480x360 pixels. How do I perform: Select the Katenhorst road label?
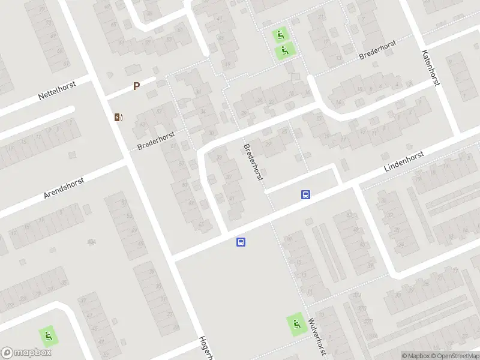431,67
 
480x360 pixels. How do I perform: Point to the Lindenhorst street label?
404,163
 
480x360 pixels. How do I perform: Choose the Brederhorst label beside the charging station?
156,142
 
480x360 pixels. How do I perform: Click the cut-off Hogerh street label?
206,347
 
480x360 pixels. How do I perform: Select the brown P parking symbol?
136,86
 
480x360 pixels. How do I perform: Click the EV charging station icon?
118,116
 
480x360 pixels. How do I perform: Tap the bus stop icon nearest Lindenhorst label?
305,194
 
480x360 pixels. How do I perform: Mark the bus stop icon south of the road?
241,242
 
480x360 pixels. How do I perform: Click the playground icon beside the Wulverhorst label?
295,325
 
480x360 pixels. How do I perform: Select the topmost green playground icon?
280,35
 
